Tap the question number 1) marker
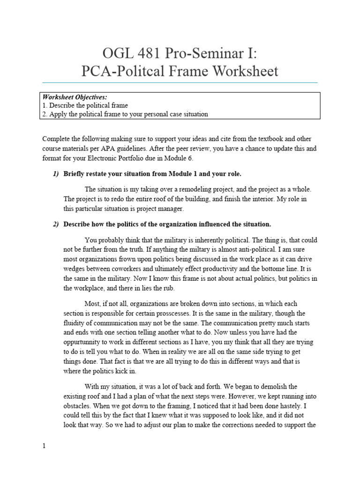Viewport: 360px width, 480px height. pyautogui.click(x=56, y=174)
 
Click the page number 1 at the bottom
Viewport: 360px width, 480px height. pyautogui.click(x=44, y=446)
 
